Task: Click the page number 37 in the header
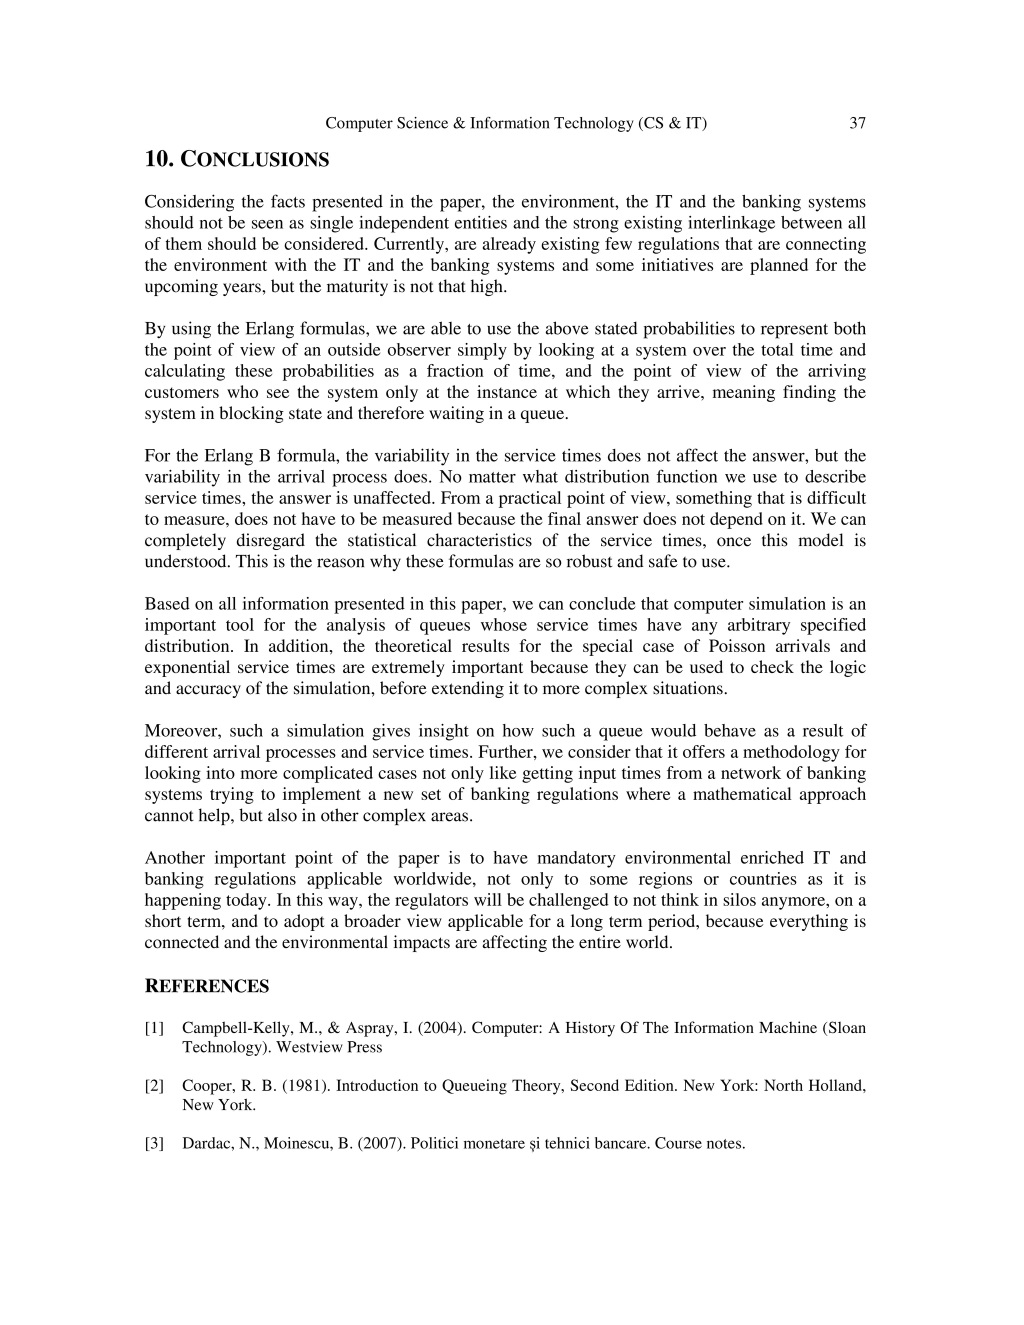[857, 123]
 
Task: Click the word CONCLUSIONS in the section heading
[255, 159]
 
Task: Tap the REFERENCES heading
[206, 986]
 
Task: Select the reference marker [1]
[154, 1027]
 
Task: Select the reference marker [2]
[154, 1085]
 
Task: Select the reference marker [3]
[154, 1143]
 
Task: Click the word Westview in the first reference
[309, 1047]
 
